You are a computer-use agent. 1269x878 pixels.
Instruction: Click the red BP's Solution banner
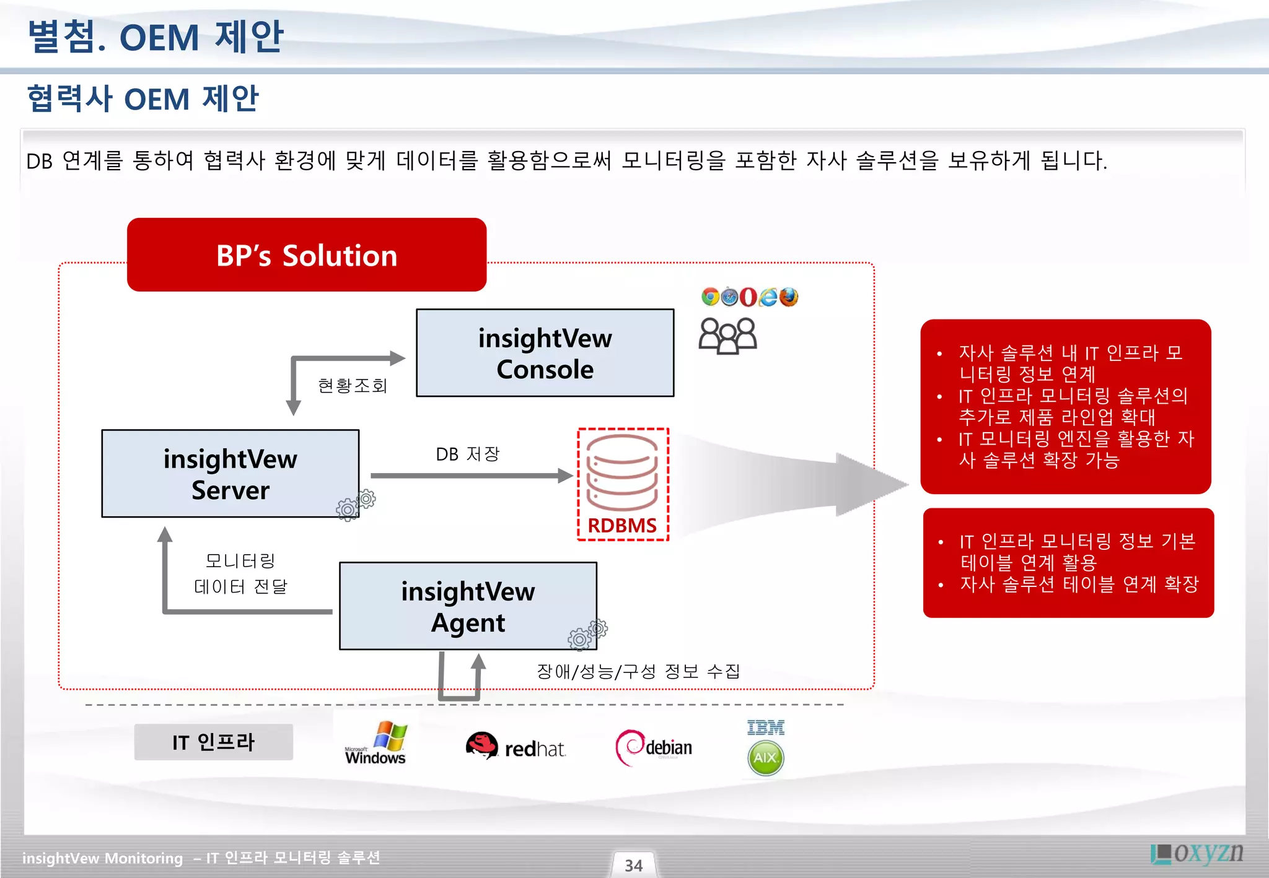(x=307, y=254)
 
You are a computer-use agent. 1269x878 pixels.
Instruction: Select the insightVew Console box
(x=545, y=353)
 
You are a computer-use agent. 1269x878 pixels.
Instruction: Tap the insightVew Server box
(x=230, y=474)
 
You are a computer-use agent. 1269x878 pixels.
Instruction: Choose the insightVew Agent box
(x=468, y=606)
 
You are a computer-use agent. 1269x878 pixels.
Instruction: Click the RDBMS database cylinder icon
(x=622, y=472)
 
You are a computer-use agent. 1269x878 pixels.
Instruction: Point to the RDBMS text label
(x=621, y=526)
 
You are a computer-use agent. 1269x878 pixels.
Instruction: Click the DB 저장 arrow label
(x=467, y=454)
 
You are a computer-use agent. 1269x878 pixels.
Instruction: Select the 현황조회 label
(x=352, y=386)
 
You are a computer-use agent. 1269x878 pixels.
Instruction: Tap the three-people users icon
(x=727, y=336)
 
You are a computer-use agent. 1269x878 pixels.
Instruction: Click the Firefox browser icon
(x=789, y=297)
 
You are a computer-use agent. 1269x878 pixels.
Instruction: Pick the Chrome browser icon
(x=710, y=297)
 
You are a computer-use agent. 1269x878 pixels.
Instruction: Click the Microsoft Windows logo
(x=376, y=742)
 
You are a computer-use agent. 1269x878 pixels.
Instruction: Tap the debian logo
(x=654, y=747)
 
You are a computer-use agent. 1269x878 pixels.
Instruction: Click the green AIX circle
(x=766, y=758)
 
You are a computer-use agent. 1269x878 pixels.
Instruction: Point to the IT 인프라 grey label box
(x=213, y=742)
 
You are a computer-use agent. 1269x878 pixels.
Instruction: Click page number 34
(x=633, y=865)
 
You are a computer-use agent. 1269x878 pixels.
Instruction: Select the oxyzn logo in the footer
(x=1197, y=853)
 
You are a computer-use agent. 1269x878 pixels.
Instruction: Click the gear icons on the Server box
(x=356, y=505)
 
